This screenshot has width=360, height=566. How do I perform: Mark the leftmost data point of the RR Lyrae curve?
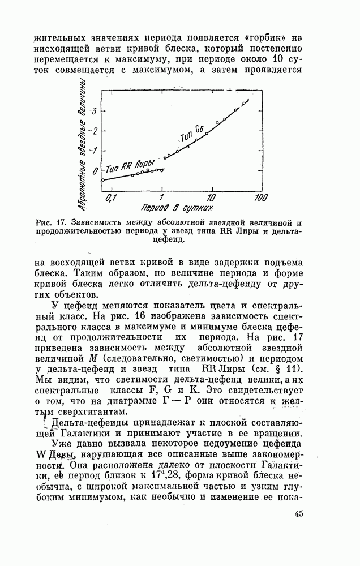[103, 180]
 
